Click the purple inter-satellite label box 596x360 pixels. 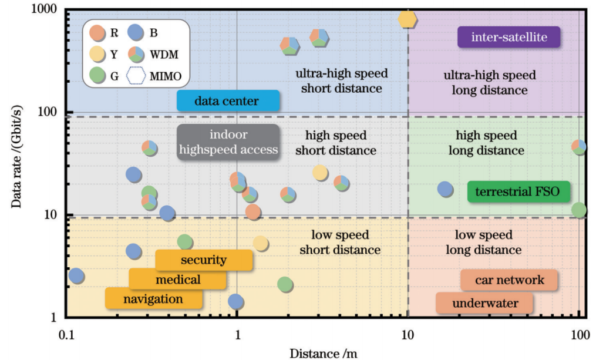point(509,38)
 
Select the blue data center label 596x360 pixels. point(227,101)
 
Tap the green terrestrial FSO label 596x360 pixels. point(518,192)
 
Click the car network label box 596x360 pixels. point(509,280)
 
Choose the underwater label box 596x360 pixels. point(484,304)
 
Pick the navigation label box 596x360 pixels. point(153,299)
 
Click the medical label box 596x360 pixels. point(177,280)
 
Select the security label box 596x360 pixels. point(203,260)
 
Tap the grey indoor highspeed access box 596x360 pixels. point(228,142)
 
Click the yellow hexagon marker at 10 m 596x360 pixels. point(408,19)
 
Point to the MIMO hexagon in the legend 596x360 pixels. point(136,76)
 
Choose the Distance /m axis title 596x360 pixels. point(323,352)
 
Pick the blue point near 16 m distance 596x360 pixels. point(445,189)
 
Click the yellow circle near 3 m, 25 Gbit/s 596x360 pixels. point(319,173)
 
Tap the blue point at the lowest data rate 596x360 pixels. point(236,302)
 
